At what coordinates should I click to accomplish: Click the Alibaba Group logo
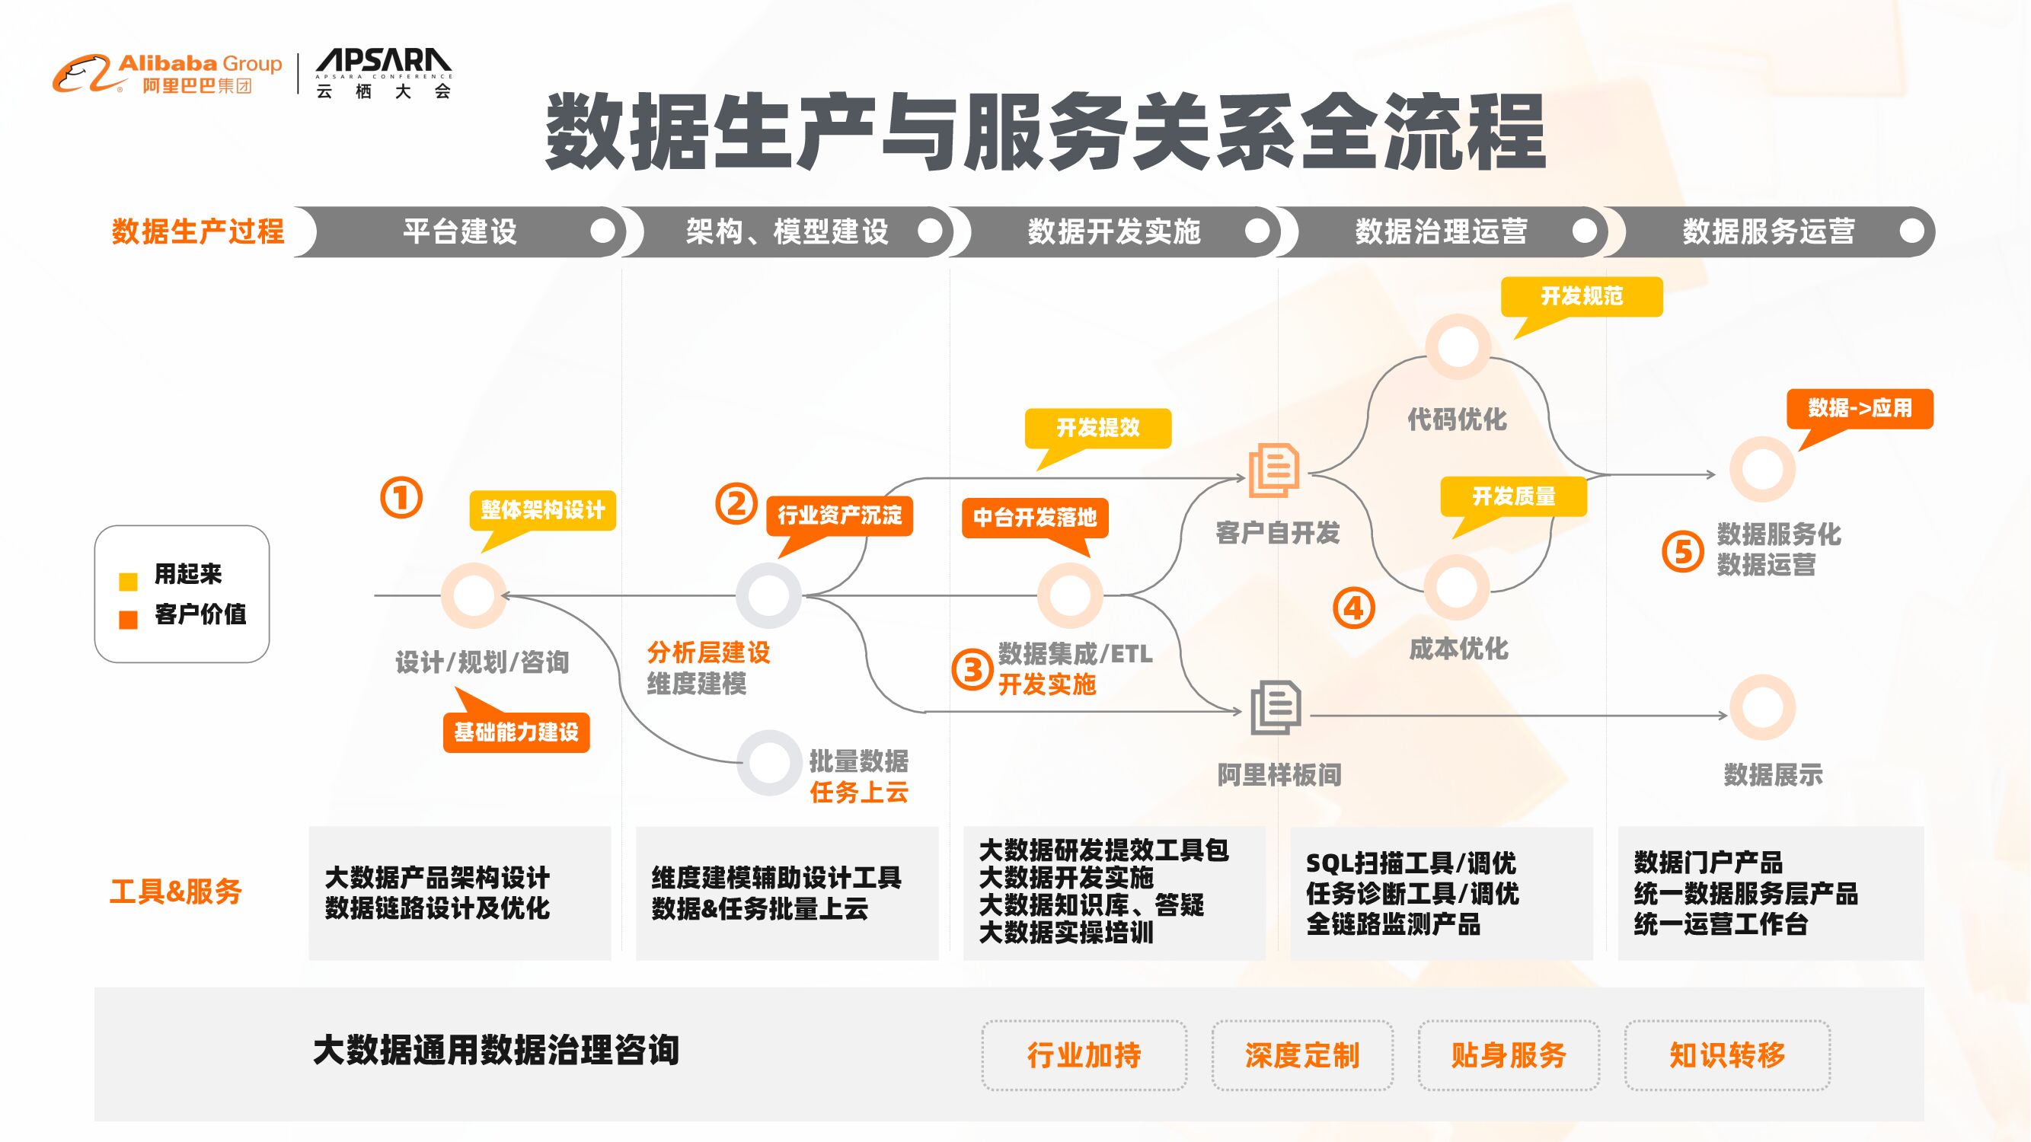point(167,73)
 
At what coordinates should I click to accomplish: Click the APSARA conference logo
point(383,73)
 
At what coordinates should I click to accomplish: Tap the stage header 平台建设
point(461,231)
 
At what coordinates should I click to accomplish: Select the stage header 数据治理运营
point(1441,231)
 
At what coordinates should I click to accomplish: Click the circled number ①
point(401,498)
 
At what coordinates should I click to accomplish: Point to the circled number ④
point(1353,608)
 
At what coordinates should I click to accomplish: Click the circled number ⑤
point(1682,552)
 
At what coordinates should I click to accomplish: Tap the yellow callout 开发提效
point(1097,428)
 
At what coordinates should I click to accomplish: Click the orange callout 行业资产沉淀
point(840,515)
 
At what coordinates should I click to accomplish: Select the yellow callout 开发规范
point(1582,296)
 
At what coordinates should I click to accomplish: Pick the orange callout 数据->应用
point(1859,408)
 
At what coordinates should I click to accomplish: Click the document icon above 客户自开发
point(1274,471)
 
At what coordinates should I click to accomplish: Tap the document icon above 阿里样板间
point(1276,707)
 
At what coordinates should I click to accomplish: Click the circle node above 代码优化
point(1458,346)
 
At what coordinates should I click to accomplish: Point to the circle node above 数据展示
point(1762,707)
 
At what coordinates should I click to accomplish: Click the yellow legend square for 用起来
point(128,582)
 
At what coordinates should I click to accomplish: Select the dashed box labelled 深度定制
point(1301,1055)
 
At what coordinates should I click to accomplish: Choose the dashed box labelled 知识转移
point(1726,1055)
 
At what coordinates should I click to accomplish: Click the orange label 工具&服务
point(176,892)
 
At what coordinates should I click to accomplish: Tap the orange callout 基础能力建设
point(516,732)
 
